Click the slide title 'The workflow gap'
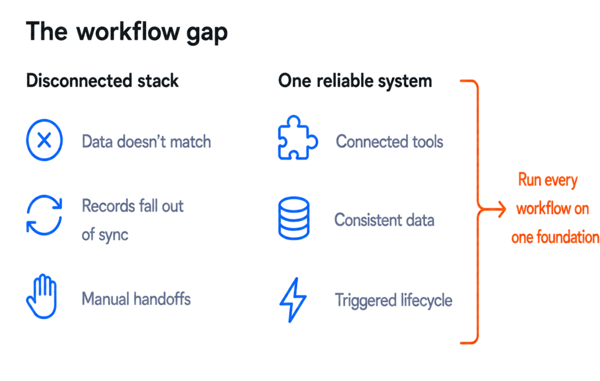127,32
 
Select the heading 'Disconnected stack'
102,81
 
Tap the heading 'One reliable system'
355,81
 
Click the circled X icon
45,140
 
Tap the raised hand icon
42,297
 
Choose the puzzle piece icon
297,138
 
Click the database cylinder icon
294,218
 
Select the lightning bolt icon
293,300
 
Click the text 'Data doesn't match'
146,142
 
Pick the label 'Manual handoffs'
136,299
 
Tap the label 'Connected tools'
390,142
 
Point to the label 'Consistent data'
384,220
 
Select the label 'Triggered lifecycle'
394,300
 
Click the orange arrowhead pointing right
501,209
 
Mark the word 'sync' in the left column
113,234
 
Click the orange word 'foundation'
568,237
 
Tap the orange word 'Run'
530,179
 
